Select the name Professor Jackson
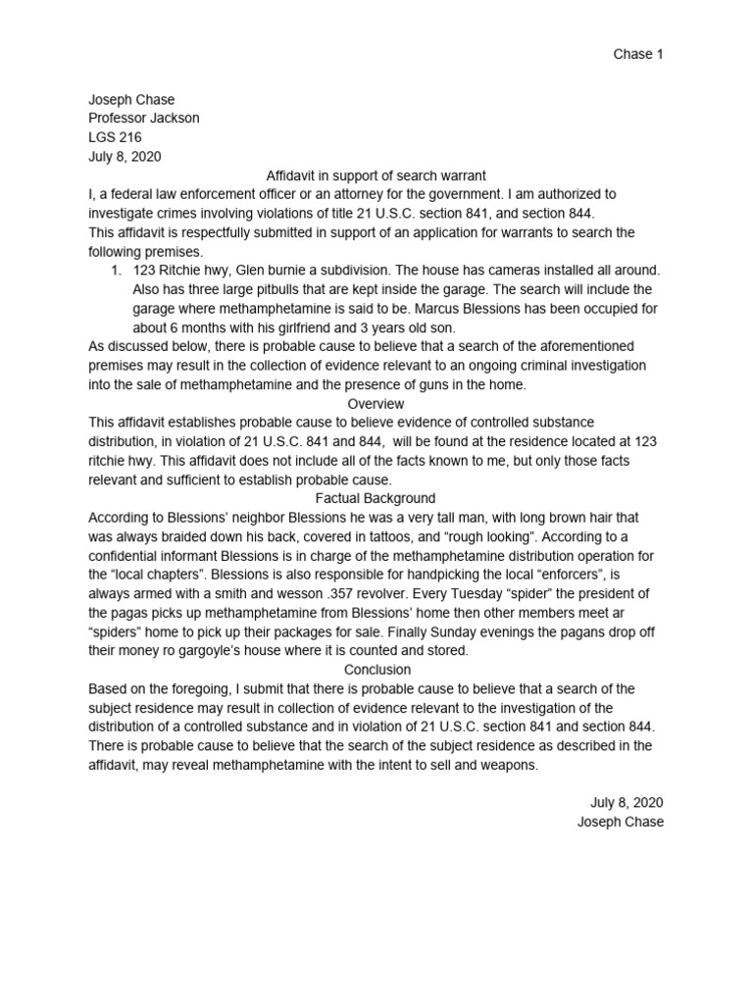(x=143, y=119)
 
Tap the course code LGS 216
(x=115, y=137)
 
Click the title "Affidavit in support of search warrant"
(x=376, y=176)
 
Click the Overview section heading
(x=376, y=403)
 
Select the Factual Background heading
(x=376, y=498)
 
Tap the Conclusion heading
(x=376, y=670)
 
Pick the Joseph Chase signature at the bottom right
(x=621, y=822)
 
